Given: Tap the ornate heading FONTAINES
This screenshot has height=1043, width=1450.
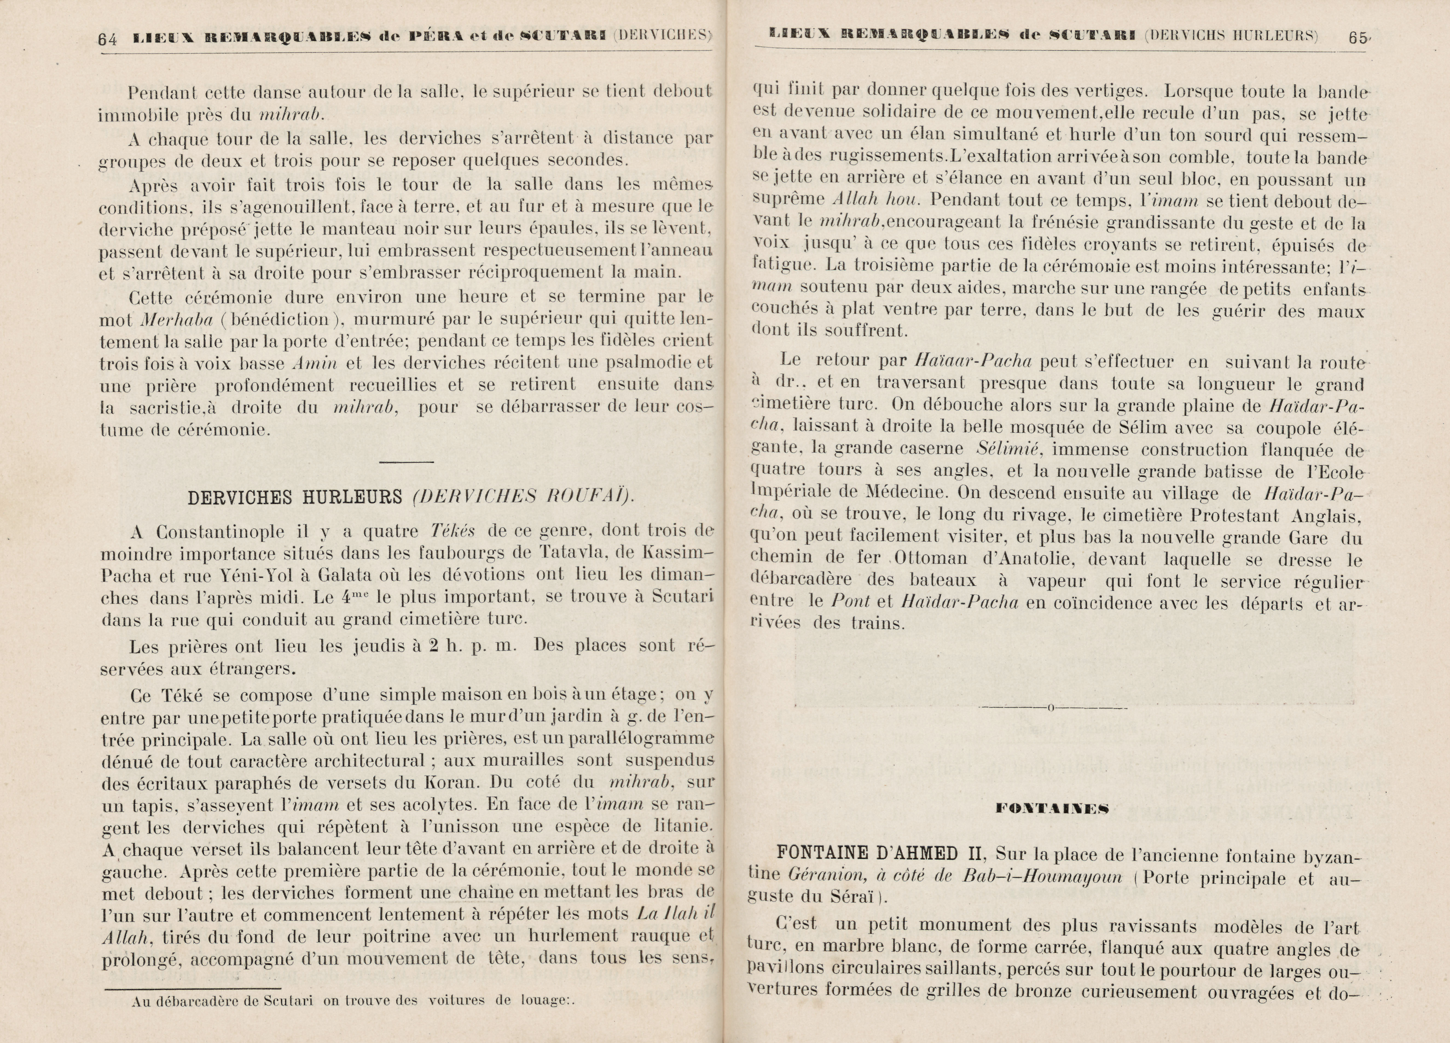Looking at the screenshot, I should point(1052,809).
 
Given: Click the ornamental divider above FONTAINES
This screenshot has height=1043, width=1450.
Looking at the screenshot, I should point(1052,708).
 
